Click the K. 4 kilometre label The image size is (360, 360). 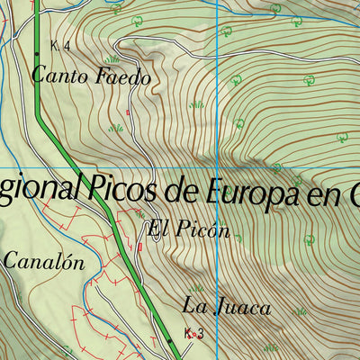pos(61,46)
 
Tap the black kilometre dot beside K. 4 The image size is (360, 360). pos(37,54)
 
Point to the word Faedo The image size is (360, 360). pos(120,78)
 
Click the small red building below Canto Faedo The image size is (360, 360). pos(129,112)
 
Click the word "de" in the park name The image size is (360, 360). pos(179,190)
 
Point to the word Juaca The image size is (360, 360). pos(242,307)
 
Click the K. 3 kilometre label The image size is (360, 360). pos(193,333)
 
